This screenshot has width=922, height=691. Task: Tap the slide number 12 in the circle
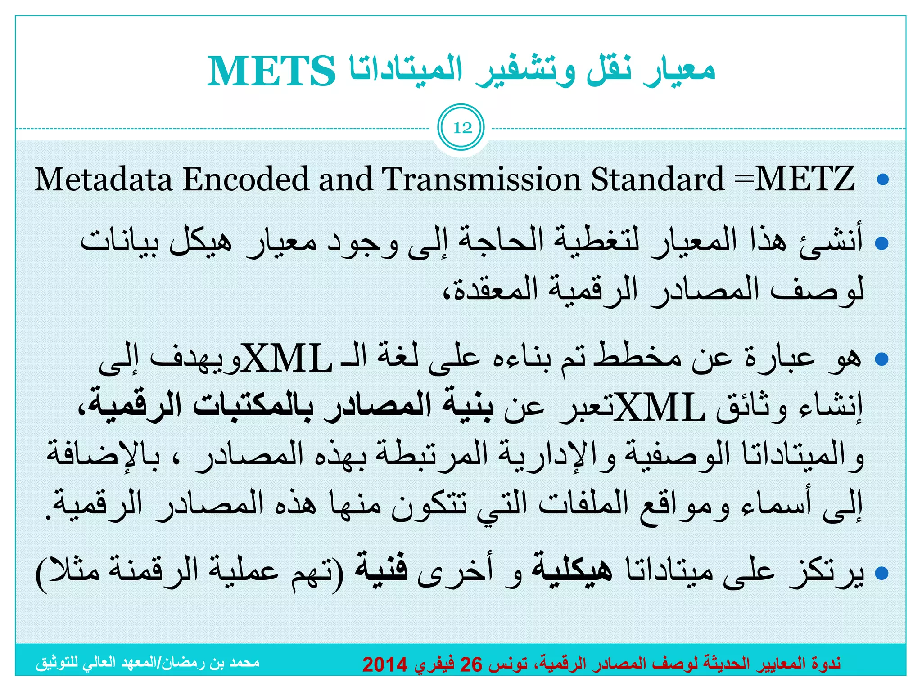[462, 128]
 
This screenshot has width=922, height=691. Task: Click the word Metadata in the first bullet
[104, 179]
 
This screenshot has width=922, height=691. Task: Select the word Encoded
[246, 179]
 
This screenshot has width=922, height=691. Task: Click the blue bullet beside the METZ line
[883, 180]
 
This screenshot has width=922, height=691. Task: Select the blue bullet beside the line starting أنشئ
[882, 243]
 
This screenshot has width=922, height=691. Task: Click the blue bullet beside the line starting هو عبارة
[882, 359]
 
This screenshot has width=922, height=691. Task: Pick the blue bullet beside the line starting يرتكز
[882, 573]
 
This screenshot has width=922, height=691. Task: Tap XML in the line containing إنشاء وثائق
[660, 408]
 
